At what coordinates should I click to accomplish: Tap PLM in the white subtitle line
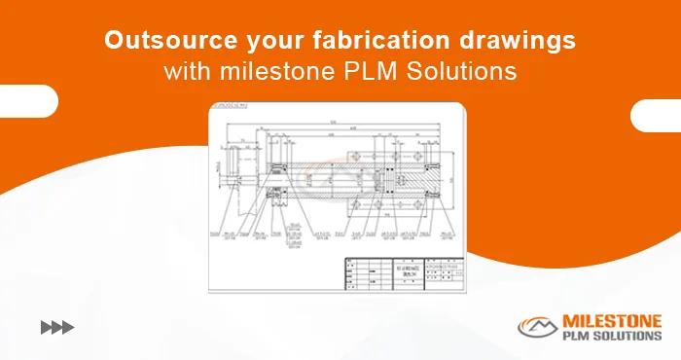click(370, 72)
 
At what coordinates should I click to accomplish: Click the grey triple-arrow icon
click(57, 328)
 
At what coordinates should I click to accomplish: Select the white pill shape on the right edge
click(656, 115)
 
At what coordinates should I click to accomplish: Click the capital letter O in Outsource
click(114, 41)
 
